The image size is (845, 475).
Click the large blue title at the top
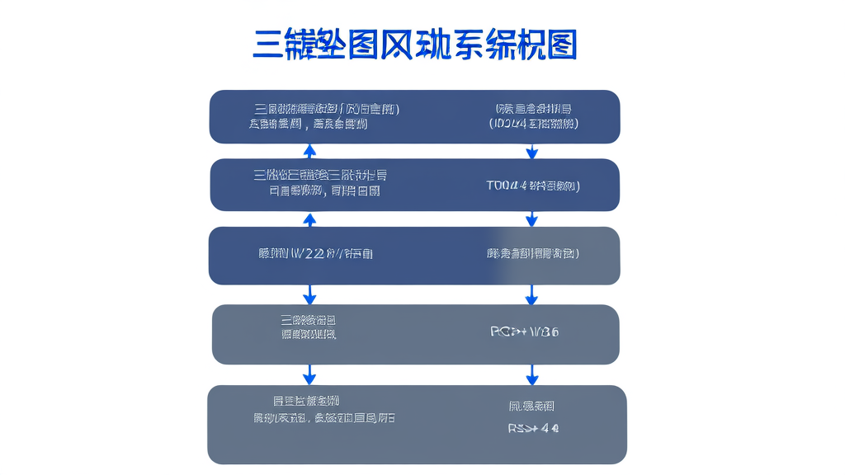(x=414, y=45)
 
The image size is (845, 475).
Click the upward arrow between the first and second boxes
(x=309, y=151)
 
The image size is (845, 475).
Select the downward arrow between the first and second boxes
(x=531, y=151)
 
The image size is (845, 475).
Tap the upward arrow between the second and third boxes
(x=309, y=219)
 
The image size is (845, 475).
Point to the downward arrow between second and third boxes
(x=531, y=219)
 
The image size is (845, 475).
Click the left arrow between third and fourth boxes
(x=309, y=294)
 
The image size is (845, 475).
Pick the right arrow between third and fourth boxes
(x=531, y=294)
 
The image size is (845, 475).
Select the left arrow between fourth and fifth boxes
(x=309, y=374)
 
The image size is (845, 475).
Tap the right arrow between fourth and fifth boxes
(x=531, y=374)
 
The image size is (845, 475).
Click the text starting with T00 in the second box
(x=533, y=186)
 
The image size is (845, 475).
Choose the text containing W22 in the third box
(x=315, y=253)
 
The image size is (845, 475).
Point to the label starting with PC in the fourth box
(x=525, y=332)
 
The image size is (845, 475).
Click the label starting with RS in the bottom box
(x=533, y=429)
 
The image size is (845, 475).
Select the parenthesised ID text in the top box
(x=533, y=124)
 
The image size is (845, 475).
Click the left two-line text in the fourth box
(x=309, y=327)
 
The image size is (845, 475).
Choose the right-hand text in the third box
(x=533, y=253)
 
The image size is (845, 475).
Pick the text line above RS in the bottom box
(x=531, y=406)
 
